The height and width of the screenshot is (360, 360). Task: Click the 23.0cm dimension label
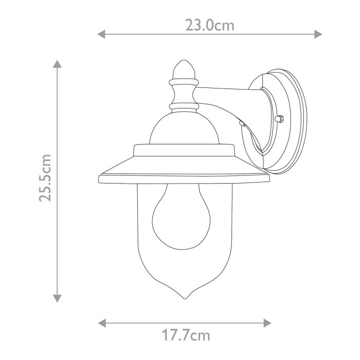(209, 25)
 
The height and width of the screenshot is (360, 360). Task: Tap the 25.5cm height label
(46, 178)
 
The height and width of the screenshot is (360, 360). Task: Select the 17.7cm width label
(186, 336)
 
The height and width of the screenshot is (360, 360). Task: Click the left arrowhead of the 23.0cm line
(101, 34)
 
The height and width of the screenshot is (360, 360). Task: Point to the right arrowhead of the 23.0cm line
(318, 34)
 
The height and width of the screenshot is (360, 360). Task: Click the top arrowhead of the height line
(58, 64)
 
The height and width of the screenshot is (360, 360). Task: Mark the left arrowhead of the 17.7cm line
(101, 323)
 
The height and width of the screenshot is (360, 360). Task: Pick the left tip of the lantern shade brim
(100, 180)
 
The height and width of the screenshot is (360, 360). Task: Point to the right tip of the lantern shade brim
(268, 180)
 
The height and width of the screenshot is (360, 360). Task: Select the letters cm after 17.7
(202, 336)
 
